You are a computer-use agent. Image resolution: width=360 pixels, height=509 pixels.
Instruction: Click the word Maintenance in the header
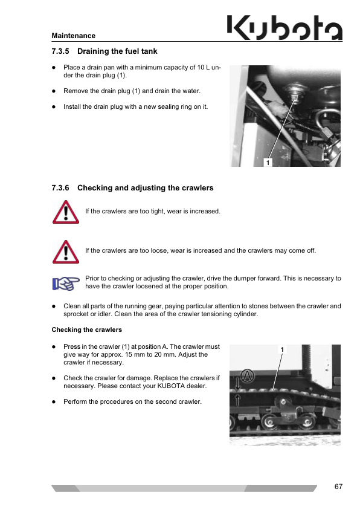pyautogui.click(x=73, y=36)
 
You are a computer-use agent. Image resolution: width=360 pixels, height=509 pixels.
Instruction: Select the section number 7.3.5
pyautogui.click(x=60, y=51)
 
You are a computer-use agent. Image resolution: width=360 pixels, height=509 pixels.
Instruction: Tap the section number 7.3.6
pyautogui.click(x=60, y=188)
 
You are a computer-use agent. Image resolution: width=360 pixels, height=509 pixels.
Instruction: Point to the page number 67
pyautogui.click(x=338, y=487)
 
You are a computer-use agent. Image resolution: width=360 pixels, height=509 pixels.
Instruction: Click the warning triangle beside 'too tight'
pyautogui.click(x=66, y=212)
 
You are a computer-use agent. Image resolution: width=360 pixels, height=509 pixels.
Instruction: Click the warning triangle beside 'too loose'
pyautogui.click(x=66, y=252)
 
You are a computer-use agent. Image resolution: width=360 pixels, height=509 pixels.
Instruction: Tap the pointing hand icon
pyautogui.click(x=66, y=284)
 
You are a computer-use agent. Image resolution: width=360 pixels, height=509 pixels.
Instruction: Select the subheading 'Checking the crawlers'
pyautogui.click(x=86, y=330)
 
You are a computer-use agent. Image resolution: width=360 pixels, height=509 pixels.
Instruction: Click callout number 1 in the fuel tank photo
pyautogui.click(x=268, y=162)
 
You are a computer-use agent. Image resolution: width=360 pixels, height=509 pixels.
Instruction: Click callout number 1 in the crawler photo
pyautogui.click(x=282, y=349)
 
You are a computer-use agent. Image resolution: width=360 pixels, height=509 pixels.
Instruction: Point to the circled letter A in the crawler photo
pyautogui.click(x=247, y=376)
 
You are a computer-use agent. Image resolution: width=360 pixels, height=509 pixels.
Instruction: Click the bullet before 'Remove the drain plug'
pyautogui.click(x=54, y=91)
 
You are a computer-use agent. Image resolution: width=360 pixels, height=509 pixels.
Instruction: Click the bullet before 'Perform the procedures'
pyautogui.click(x=54, y=402)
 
